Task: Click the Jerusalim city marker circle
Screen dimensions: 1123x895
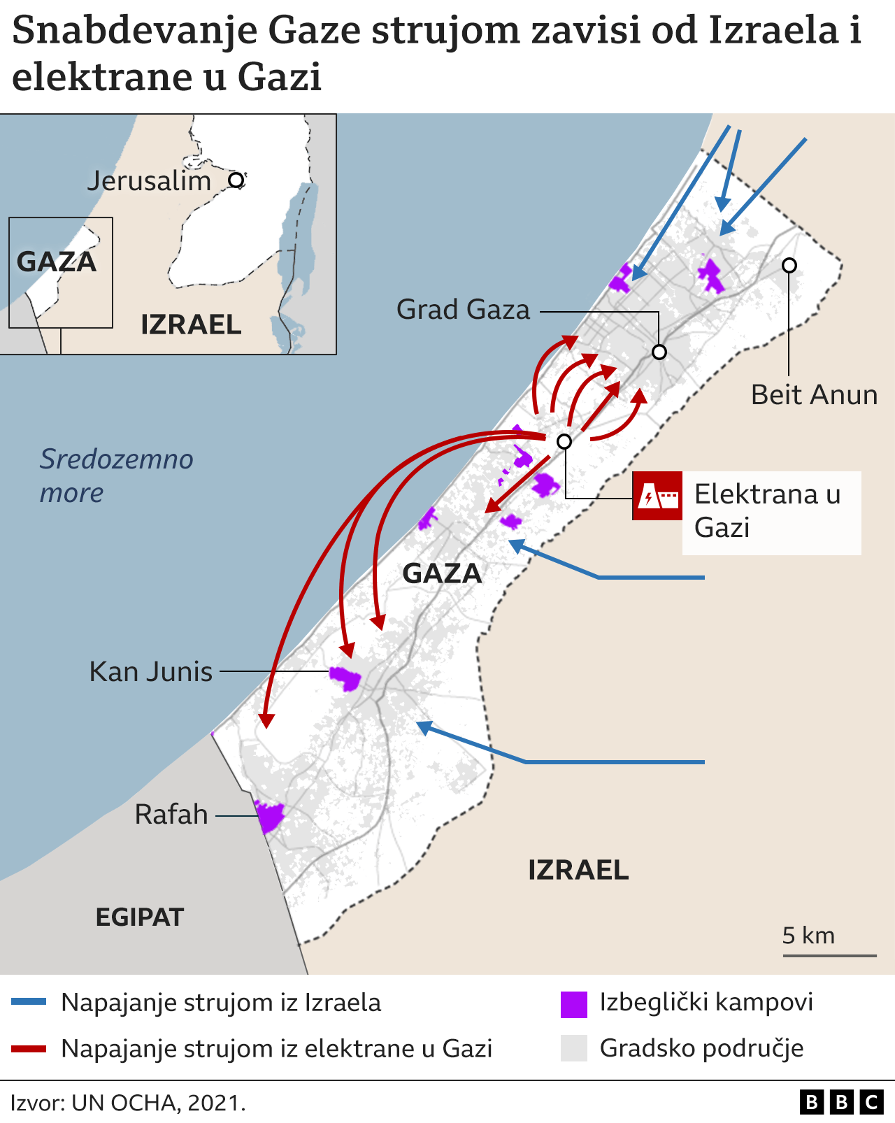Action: tap(236, 180)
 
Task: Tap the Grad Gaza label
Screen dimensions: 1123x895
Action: tap(463, 310)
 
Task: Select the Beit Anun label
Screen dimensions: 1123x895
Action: tap(814, 395)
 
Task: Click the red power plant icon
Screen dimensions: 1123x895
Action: tap(657, 496)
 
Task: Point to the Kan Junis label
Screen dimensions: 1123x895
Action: tap(151, 672)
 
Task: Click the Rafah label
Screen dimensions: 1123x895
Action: tap(171, 815)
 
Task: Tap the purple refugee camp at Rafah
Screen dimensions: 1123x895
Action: tap(269, 816)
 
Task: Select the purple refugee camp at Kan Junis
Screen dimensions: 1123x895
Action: tap(345, 678)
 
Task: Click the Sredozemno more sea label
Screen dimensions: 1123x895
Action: tap(116, 475)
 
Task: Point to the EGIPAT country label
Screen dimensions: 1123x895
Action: tap(139, 917)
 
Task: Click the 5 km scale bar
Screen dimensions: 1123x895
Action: tap(829, 954)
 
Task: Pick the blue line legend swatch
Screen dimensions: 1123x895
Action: tap(29, 1002)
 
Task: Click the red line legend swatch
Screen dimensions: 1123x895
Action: tap(29, 1048)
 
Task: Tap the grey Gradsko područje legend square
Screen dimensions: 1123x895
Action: tap(573, 1048)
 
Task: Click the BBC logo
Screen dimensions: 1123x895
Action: tap(841, 1103)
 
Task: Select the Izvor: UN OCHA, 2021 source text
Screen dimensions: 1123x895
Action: tap(128, 1103)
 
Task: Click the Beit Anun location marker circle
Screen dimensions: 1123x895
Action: tap(789, 265)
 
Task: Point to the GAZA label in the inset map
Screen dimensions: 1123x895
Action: tap(57, 262)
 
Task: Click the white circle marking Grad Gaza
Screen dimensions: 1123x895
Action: tap(659, 352)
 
